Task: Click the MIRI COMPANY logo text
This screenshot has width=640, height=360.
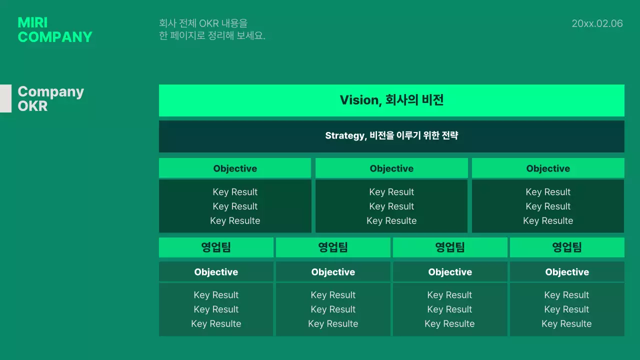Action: click(x=55, y=29)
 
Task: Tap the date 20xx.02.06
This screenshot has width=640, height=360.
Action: click(x=597, y=23)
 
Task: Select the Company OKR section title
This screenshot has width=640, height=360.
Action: click(x=50, y=98)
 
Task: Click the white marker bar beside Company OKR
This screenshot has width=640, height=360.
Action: click(x=5, y=98)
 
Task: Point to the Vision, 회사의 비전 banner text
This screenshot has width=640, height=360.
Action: click(x=391, y=100)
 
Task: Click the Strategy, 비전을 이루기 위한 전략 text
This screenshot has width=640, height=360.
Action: click(x=391, y=135)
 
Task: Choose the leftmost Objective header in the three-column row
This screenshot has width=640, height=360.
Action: click(x=235, y=168)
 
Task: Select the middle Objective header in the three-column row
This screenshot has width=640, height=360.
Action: click(x=391, y=168)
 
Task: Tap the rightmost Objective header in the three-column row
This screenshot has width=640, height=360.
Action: click(x=548, y=168)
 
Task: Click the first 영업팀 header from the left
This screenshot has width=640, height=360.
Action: click(x=216, y=247)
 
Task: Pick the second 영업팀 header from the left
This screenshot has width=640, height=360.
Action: click(x=333, y=247)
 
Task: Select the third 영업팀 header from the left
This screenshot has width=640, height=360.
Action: click(x=450, y=247)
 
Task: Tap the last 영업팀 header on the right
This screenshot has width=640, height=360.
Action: click(x=567, y=247)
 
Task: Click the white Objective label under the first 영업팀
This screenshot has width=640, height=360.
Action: click(x=216, y=272)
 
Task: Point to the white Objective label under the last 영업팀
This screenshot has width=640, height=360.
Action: click(x=567, y=272)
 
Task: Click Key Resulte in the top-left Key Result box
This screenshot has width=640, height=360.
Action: click(x=235, y=221)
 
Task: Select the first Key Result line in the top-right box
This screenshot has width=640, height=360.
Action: click(x=548, y=192)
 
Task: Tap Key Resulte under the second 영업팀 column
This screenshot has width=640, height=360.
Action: click(x=333, y=324)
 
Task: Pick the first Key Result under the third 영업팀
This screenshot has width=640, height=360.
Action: click(x=449, y=295)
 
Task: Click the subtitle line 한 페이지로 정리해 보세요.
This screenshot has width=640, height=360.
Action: click(x=212, y=36)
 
